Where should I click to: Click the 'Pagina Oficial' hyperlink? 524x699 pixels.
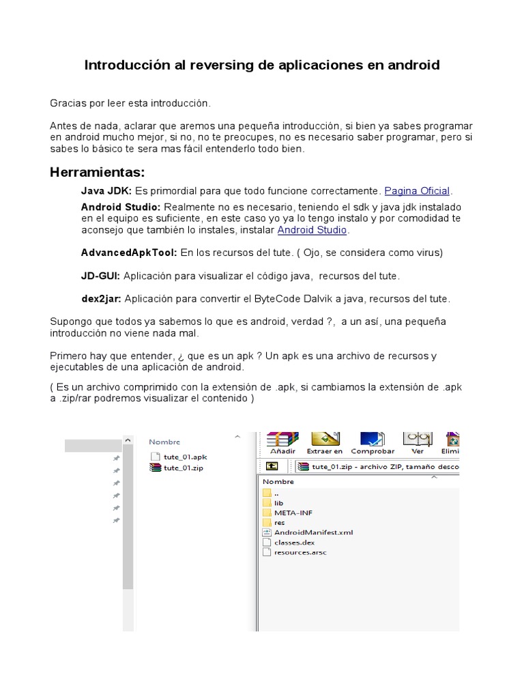click(418, 190)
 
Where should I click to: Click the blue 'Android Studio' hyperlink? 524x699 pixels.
click(312, 230)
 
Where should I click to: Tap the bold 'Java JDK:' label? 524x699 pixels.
click(106, 190)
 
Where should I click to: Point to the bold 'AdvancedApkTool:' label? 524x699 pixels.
click(129, 253)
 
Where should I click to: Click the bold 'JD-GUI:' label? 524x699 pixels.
click(100, 276)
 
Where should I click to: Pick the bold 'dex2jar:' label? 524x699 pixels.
click(101, 299)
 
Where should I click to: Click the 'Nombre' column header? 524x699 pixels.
click(164, 442)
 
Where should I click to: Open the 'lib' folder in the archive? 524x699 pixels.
click(278, 502)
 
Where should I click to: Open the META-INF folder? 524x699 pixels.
click(293, 512)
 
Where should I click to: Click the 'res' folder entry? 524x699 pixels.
click(279, 522)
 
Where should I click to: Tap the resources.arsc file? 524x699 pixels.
click(300, 552)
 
